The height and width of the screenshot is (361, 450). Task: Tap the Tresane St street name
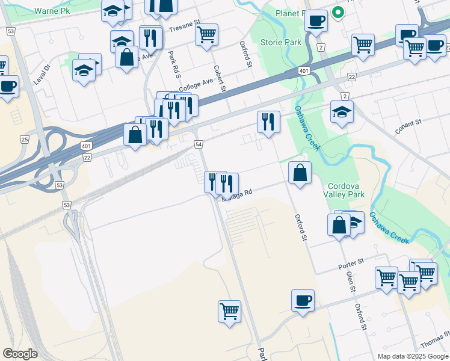184,28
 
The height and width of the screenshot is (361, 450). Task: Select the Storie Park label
280,43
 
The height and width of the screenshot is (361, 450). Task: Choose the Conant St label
408,126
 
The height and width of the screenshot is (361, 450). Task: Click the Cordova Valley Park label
346,190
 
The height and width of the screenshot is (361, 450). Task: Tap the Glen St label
350,281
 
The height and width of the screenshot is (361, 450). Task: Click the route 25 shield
24,140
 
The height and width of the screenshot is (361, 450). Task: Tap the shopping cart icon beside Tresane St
206,34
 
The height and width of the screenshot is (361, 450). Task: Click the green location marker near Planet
338,12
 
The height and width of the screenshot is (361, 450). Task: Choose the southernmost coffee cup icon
303,300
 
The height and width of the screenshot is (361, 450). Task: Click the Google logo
20,353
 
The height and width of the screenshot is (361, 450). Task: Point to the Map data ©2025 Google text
412,356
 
